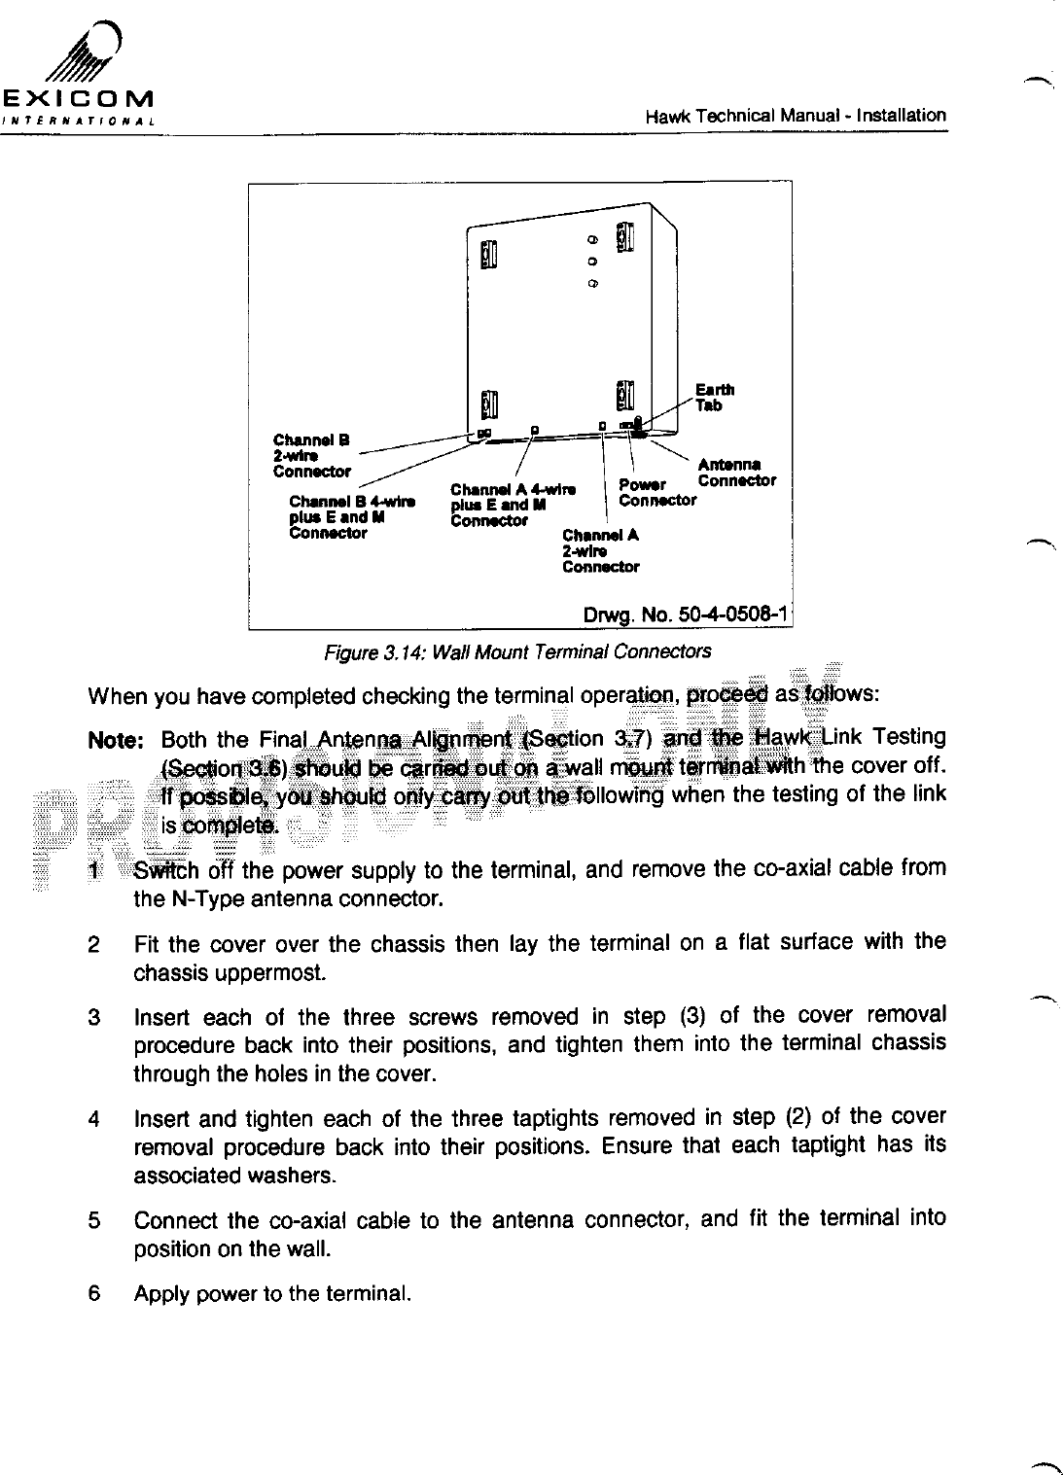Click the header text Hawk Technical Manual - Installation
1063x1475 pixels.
(x=796, y=116)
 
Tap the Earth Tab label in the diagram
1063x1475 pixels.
(x=714, y=398)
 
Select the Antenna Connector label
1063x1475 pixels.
(x=736, y=473)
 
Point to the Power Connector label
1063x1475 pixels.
(x=657, y=492)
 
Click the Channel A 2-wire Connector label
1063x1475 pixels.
(x=601, y=550)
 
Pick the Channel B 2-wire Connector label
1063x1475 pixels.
(x=311, y=455)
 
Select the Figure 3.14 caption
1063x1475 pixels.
(x=516, y=651)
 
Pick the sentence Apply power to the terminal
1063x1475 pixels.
(x=272, y=1294)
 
